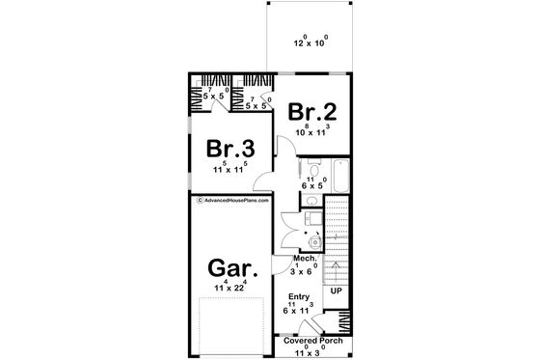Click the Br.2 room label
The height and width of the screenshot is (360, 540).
point(311,111)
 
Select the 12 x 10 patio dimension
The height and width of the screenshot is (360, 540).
point(310,44)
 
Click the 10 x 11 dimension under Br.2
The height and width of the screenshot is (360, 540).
point(311,131)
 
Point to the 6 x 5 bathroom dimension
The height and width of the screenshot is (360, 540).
point(313,185)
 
